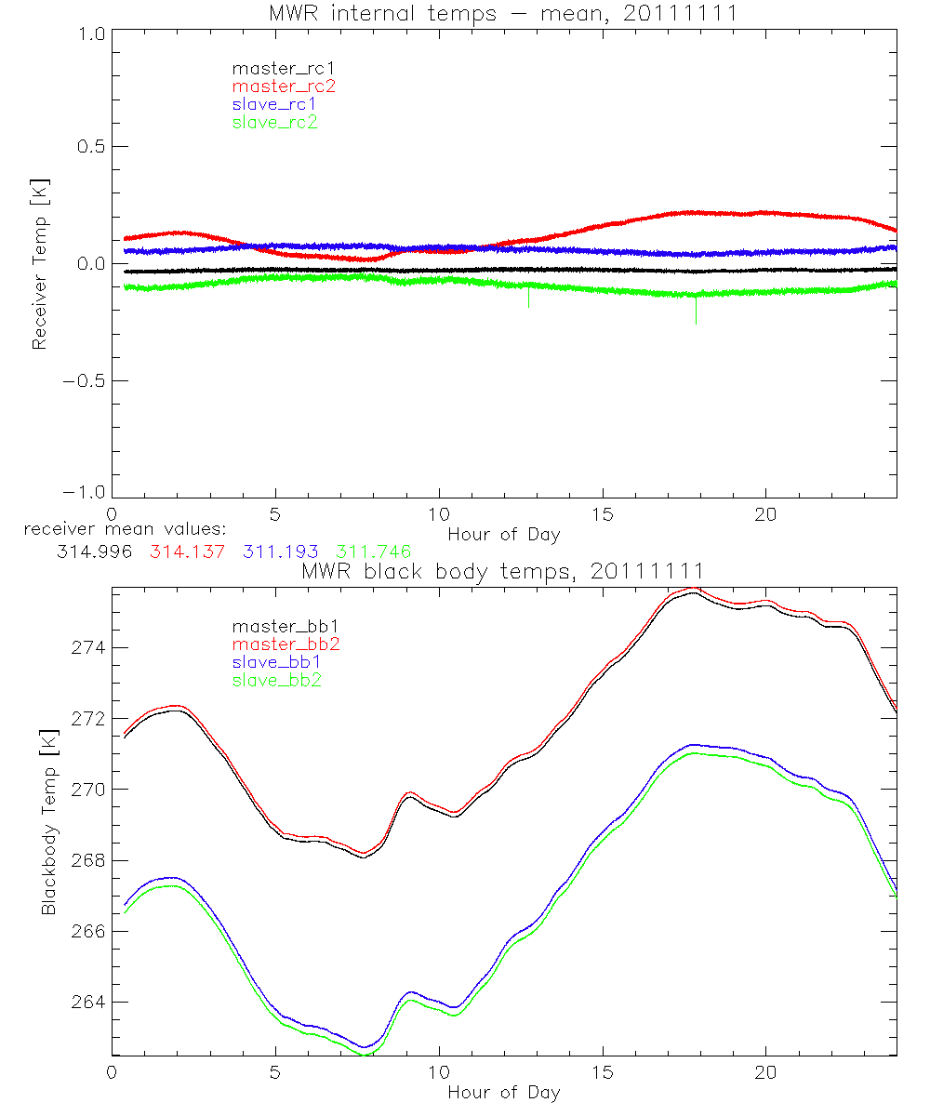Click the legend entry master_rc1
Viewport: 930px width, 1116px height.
coord(274,68)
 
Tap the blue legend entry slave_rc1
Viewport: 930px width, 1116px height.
coord(274,103)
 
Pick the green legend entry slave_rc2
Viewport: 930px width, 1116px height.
coord(274,121)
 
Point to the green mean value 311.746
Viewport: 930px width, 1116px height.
coord(376,551)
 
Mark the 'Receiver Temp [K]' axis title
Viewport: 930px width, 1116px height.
coord(40,265)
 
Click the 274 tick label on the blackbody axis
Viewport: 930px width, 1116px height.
coord(90,647)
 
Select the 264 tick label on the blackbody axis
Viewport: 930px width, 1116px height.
coord(90,1002)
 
